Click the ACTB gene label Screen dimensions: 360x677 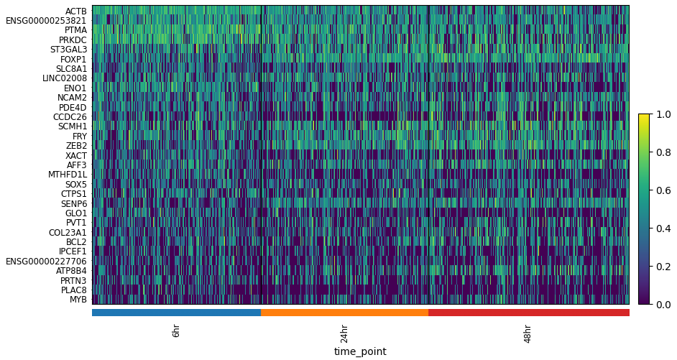point(75,11)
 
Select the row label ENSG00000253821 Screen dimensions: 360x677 point(46,21)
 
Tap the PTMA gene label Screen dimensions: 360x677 point(75,30)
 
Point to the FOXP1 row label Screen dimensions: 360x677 point(73,59)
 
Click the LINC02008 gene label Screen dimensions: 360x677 point(64,78)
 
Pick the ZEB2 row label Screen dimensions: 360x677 point(76,146)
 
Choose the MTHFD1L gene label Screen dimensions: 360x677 point(68,175)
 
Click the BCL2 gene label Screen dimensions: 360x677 point(76,242)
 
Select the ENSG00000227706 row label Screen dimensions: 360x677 point(46,262)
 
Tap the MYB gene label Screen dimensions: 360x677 point(78,300)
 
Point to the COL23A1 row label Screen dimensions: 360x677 point(68,232)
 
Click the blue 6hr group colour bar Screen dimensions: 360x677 point(176,313)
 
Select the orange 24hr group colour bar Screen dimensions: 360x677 point(344,313)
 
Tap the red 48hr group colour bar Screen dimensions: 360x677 point(528,313)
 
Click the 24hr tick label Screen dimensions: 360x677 point(344,333)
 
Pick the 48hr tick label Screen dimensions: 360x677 point(528,333)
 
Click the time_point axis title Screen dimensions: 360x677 point(360,351)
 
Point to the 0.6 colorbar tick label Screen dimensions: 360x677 point(664,190)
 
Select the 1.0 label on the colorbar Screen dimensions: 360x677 point(664,114)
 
